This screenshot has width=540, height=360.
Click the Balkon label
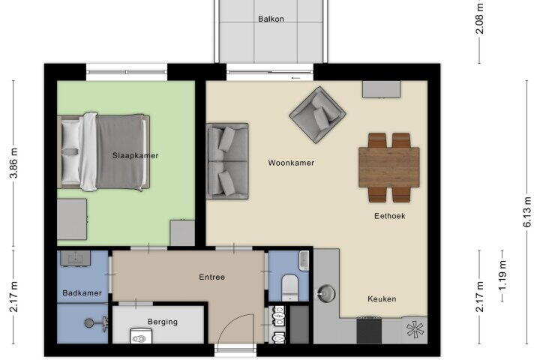271,19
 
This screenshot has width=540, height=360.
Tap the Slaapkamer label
135,156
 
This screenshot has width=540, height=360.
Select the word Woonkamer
291,163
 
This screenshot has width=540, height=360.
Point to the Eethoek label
390,216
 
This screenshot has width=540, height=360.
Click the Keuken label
382,299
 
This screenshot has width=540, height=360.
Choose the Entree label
211,277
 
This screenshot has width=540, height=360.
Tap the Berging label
163,322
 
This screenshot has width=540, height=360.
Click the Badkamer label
82,292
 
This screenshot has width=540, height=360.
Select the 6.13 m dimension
527,211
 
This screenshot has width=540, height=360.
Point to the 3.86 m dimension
13,163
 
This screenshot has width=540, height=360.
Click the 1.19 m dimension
502,275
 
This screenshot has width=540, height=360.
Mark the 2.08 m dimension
479,19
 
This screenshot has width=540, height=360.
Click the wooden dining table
389,167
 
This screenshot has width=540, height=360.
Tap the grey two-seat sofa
227,161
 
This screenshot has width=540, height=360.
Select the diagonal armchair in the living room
317,115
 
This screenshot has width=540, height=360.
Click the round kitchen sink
326,293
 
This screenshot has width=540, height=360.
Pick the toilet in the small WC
289,288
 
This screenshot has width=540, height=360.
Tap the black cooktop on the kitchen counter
369,331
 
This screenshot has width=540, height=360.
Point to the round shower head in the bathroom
89,322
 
